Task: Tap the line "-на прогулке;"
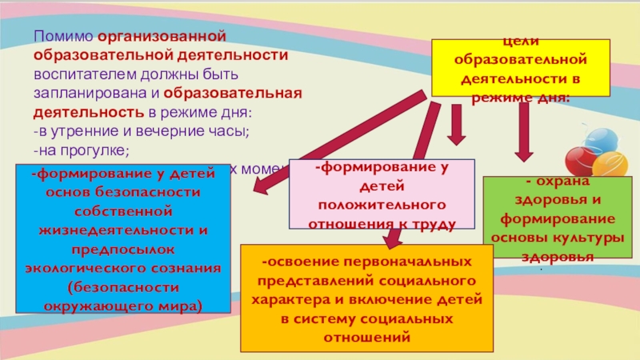(80, 149)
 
